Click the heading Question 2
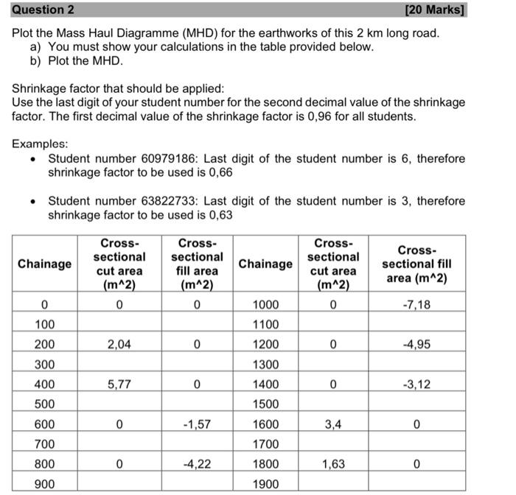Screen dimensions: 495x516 43,10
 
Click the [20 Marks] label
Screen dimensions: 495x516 436,10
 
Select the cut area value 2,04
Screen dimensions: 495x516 119,344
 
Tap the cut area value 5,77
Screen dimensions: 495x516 119,384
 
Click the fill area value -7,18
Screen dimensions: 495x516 416,304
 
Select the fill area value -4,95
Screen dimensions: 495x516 416,344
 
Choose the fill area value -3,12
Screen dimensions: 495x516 416,384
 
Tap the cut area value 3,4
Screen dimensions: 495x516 332,424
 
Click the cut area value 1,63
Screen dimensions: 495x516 332,464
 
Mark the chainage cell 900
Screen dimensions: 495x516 44,484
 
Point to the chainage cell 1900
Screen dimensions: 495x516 265,484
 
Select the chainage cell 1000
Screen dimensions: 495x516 265,304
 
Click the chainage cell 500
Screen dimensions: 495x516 44,404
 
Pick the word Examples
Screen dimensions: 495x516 40,144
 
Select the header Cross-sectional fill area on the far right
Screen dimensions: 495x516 416,264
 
